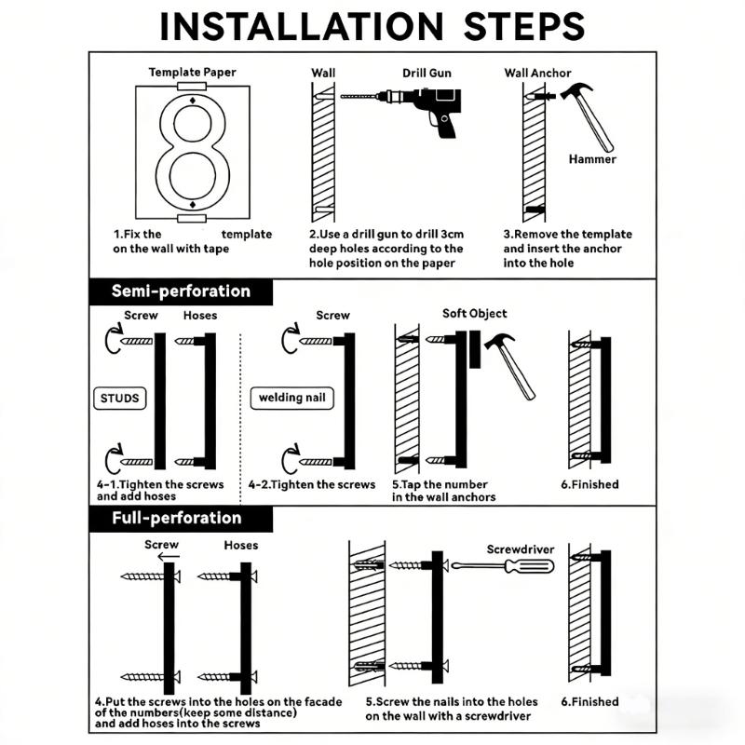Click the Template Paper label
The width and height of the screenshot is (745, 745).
(x=193, y=73)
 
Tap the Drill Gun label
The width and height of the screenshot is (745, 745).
(x=427, y=74)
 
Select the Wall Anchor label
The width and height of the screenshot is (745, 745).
(x=537, y=74)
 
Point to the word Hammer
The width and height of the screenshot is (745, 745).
(x=592, y=159)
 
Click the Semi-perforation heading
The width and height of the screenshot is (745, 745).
(x=181, y=291)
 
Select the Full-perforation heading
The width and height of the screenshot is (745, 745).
(x=176, y=518)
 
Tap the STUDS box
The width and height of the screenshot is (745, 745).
(x=120, y=399)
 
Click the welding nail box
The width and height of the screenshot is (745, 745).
(x=291, y=398)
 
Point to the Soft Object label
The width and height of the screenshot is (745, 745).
(x=474, y=314)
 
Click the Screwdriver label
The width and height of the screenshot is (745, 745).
(x=521, y=549)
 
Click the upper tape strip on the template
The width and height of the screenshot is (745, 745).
(x=192, y=87)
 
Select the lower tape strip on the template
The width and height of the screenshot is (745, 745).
(x=192, y=219)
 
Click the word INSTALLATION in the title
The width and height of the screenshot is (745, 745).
(x=302, y=27)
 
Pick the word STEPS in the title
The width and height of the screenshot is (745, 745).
(x=524, y=27)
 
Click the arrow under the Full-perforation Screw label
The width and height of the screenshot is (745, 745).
(x=169, y=556)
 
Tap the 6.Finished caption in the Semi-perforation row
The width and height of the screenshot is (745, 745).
(x=589, y=484)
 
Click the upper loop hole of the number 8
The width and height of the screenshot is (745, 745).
(x=193, y=124)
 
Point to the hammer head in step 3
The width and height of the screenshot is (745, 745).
(x=576, y=90)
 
